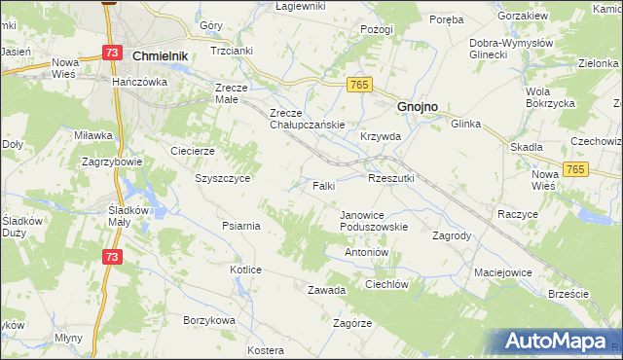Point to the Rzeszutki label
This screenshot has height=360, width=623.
391,179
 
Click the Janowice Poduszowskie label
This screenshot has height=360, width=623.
374,221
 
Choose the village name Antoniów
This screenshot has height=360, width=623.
367,252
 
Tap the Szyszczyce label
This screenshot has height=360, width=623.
223,179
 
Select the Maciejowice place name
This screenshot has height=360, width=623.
503,272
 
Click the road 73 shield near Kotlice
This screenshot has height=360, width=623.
113,257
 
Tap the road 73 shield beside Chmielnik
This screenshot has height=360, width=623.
113,53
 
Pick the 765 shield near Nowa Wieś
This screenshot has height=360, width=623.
576,170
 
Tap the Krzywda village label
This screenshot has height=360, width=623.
381,137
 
